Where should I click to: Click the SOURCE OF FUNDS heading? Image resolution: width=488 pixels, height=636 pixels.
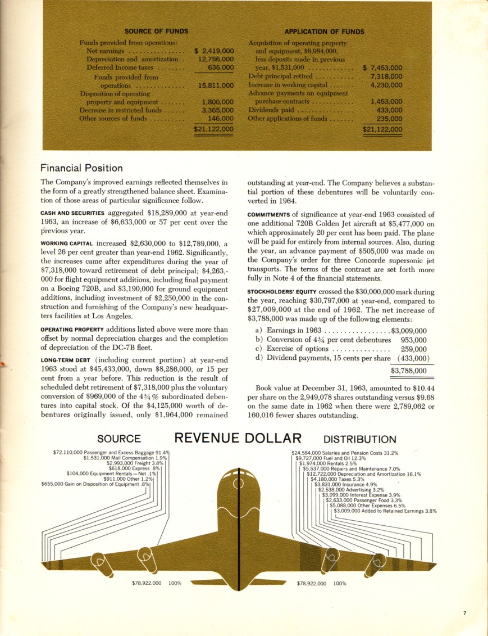pyautogui.click(x=156, y=31)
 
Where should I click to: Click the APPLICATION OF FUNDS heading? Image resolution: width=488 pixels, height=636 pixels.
pyautogui.click(x=324, y=31)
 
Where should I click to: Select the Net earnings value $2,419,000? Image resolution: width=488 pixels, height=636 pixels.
pyautogui.click(x=214, y=51)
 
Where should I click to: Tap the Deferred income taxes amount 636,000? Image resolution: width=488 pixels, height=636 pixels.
pyautogui.click(x=221, y=67)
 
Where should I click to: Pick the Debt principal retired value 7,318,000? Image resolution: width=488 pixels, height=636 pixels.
pyautogui.click(x=387, y=76)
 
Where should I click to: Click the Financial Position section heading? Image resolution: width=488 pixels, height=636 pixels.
pyautogui.click(x=82, y=168)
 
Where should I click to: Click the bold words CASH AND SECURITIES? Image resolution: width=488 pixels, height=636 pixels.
pyautogui.click(x=72, y=214)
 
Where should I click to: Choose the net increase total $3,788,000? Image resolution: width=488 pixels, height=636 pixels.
pyautogui.click(x=408, y=371)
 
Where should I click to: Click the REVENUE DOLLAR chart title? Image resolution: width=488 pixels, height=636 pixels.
pyautogui.click(x=238, y=438)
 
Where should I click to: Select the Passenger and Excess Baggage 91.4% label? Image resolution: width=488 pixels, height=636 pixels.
pyautogui.click(x=112, y=452)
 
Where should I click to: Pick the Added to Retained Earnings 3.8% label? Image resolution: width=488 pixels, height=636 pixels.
pyautogui.click(x=385, y=511)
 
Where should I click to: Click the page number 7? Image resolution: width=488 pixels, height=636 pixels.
pyautogui.click(x=464, y=613)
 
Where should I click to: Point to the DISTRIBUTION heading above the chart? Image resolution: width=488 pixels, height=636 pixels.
pyautogui.click(x=360, y=439)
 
